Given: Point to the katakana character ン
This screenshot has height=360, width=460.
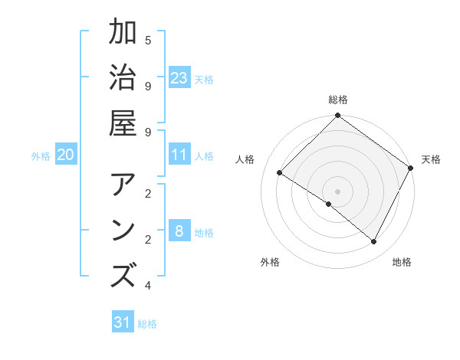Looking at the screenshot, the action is click(x=123, y=231).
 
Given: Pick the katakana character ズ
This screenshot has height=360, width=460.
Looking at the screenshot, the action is click(x=123, y=275).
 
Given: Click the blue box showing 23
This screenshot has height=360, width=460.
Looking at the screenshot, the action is click(x=179, y=78).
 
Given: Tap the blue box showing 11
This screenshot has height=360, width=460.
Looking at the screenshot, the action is click(x=179, y=155).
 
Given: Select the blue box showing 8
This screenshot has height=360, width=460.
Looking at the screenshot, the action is click(x=179, y=232).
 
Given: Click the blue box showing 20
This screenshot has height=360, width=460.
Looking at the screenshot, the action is click(x=65, y=155).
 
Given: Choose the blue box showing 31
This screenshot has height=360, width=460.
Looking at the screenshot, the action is click(x=123, y=322).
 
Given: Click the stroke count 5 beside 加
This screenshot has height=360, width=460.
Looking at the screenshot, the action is click(x=148, y=40).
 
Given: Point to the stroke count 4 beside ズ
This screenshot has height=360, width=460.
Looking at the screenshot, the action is click(x=148, y=286).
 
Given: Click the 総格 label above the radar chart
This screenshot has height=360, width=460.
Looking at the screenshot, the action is click(x=338, y=100).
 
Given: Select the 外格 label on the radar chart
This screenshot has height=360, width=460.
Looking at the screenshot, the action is click(x=270, y=262).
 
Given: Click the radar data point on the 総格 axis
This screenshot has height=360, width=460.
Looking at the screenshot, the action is click(x=338, y=116).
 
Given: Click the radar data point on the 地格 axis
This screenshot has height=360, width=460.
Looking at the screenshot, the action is click(x=374, y=242).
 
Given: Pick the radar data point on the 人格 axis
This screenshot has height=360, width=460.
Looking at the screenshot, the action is click(x=280, y=173).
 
